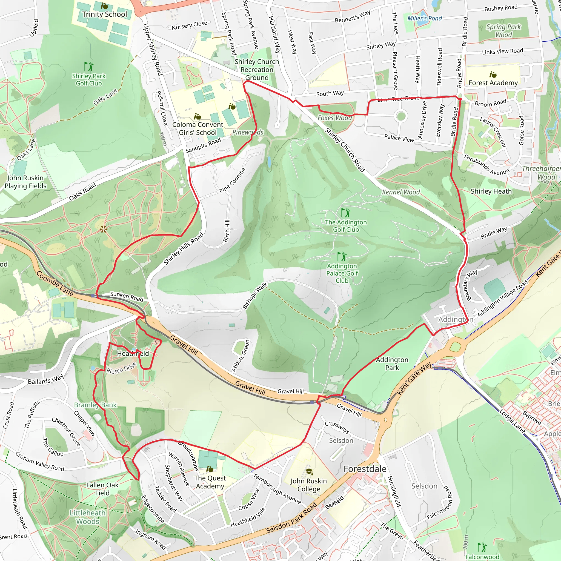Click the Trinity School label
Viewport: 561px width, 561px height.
[105, 14]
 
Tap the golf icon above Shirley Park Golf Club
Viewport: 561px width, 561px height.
[89, 67]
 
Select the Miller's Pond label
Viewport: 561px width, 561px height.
[424, 18]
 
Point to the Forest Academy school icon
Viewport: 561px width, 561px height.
[493, 75]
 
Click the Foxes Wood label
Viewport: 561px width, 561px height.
[334, 118]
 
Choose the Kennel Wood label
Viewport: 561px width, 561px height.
[401, 192]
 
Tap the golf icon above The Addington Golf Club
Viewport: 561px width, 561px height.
[345, 213]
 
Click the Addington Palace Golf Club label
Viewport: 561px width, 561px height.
[342, 273]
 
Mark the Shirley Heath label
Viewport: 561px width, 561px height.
[491, 191]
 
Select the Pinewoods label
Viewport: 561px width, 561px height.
[248, 132]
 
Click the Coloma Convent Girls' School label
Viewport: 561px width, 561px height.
[198, 128]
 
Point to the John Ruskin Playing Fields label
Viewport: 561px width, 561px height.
[25, 182]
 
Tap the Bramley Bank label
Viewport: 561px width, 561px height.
[95, 405]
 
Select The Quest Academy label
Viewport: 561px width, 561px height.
[210, 482]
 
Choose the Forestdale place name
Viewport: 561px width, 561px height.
[365, 469]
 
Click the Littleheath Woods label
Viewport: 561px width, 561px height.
[87, 517]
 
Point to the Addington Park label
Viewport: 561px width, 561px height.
[392, 363]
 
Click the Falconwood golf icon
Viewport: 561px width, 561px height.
[482, 547]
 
